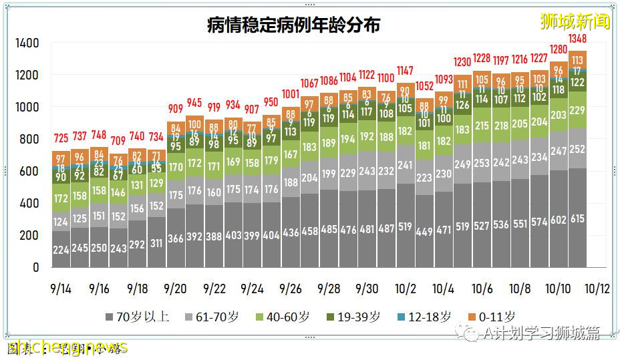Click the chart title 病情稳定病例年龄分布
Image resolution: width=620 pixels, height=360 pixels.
(x=293, y=25)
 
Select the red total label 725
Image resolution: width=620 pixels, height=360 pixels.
(x=61, y=139)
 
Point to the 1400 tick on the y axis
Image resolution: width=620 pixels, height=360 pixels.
(x=27, y=43)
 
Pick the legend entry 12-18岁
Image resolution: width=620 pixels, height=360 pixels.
(x=425, y=317)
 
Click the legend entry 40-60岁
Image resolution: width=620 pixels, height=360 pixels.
(x=283, y=317)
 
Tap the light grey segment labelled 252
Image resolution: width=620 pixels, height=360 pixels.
(x=577, y=149)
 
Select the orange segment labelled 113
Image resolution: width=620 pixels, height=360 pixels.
(x=577, y=59)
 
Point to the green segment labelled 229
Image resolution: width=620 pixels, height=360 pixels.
(x=577, y=110)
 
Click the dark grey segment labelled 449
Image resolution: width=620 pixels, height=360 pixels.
(x=424, y=233)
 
